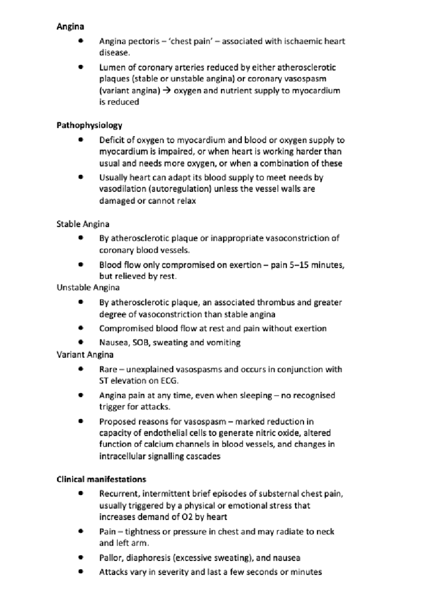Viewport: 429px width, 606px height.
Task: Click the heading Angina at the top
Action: click(70, 26)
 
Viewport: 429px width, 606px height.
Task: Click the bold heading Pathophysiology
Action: click(89, 125)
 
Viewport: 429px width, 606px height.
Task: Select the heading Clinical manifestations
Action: click(101, 479)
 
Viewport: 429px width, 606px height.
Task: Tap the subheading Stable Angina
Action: click(83, 224)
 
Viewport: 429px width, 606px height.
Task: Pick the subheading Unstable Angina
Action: click(88, 288)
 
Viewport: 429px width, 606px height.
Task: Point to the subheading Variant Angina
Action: click(85, 354)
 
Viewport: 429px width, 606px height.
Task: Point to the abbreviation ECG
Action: click(169, 381)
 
